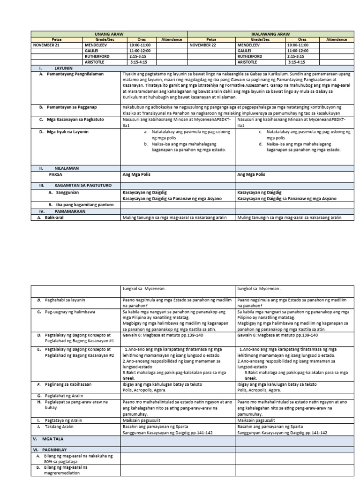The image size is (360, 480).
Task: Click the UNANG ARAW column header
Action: click(x=109, y=34)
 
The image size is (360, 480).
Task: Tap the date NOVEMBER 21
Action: click(x=47, y=45)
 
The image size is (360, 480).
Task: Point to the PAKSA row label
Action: click(x=56, y=174)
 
